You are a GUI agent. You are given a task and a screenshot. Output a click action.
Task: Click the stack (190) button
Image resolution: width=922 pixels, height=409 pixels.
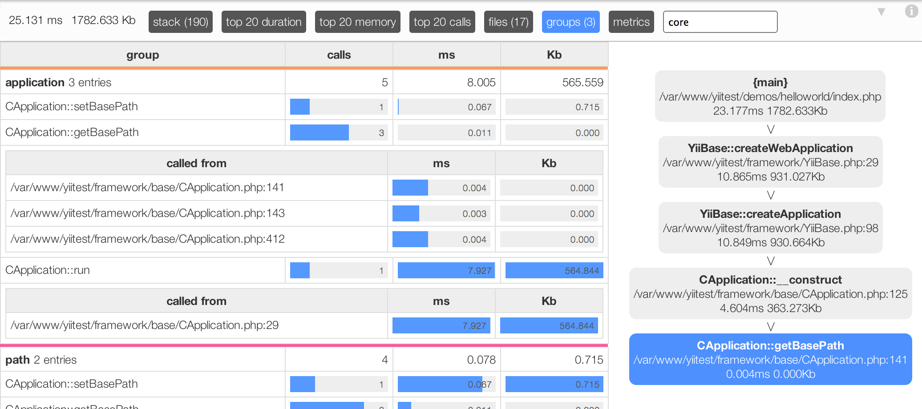click(x=180, y=22)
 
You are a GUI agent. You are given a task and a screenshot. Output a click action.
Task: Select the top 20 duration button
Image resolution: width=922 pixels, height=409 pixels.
click(x=263, y=22)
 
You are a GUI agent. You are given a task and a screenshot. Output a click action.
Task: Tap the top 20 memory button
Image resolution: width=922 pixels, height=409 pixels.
click(x=357, y=22)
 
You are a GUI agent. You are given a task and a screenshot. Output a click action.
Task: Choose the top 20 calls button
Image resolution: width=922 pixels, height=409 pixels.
click(x=442, y=22)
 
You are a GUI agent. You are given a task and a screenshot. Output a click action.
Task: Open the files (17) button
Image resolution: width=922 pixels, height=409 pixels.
click(x=508, y=22)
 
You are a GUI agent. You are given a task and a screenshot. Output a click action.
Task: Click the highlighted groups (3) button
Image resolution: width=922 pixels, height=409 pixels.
click(x=570, y=22)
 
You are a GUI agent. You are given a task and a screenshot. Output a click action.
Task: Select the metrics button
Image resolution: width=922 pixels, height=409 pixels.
click(x=631, y=22)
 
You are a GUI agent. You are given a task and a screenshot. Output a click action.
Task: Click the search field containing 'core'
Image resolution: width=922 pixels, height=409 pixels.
click(x=720, y=22)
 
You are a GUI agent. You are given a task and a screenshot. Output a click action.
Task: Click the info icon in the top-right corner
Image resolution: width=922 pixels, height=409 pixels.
click(x=911, y=11)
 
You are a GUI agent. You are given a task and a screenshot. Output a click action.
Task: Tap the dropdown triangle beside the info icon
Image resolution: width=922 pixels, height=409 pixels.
click(x=881, y=12)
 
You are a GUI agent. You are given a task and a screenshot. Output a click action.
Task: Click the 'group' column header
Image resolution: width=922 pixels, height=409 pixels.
click(x=142, y=55)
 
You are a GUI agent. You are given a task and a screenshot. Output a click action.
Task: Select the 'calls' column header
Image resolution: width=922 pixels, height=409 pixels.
click(x=339, y=55)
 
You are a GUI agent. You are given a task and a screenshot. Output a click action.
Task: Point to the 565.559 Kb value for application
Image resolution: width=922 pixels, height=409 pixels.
click(x=582, y=82)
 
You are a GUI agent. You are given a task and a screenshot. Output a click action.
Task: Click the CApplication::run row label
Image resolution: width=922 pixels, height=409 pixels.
click(x=48, y=270)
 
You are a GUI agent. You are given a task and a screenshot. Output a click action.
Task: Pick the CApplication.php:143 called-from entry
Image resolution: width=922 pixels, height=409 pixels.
click(x=148, y=213)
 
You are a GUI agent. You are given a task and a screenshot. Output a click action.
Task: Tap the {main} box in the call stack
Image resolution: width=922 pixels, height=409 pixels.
click(x=770, y=96)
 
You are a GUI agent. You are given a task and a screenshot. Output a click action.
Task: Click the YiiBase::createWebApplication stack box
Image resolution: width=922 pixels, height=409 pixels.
click(x=770, y=162)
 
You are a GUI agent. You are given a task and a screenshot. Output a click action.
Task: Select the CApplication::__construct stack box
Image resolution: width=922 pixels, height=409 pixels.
click(x=770, y=293)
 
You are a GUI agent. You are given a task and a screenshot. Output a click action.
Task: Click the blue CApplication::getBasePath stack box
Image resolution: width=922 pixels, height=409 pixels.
click(x=770, y=359)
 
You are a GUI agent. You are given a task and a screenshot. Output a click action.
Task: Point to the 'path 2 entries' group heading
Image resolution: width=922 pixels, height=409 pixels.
click(x=41, y=360)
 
